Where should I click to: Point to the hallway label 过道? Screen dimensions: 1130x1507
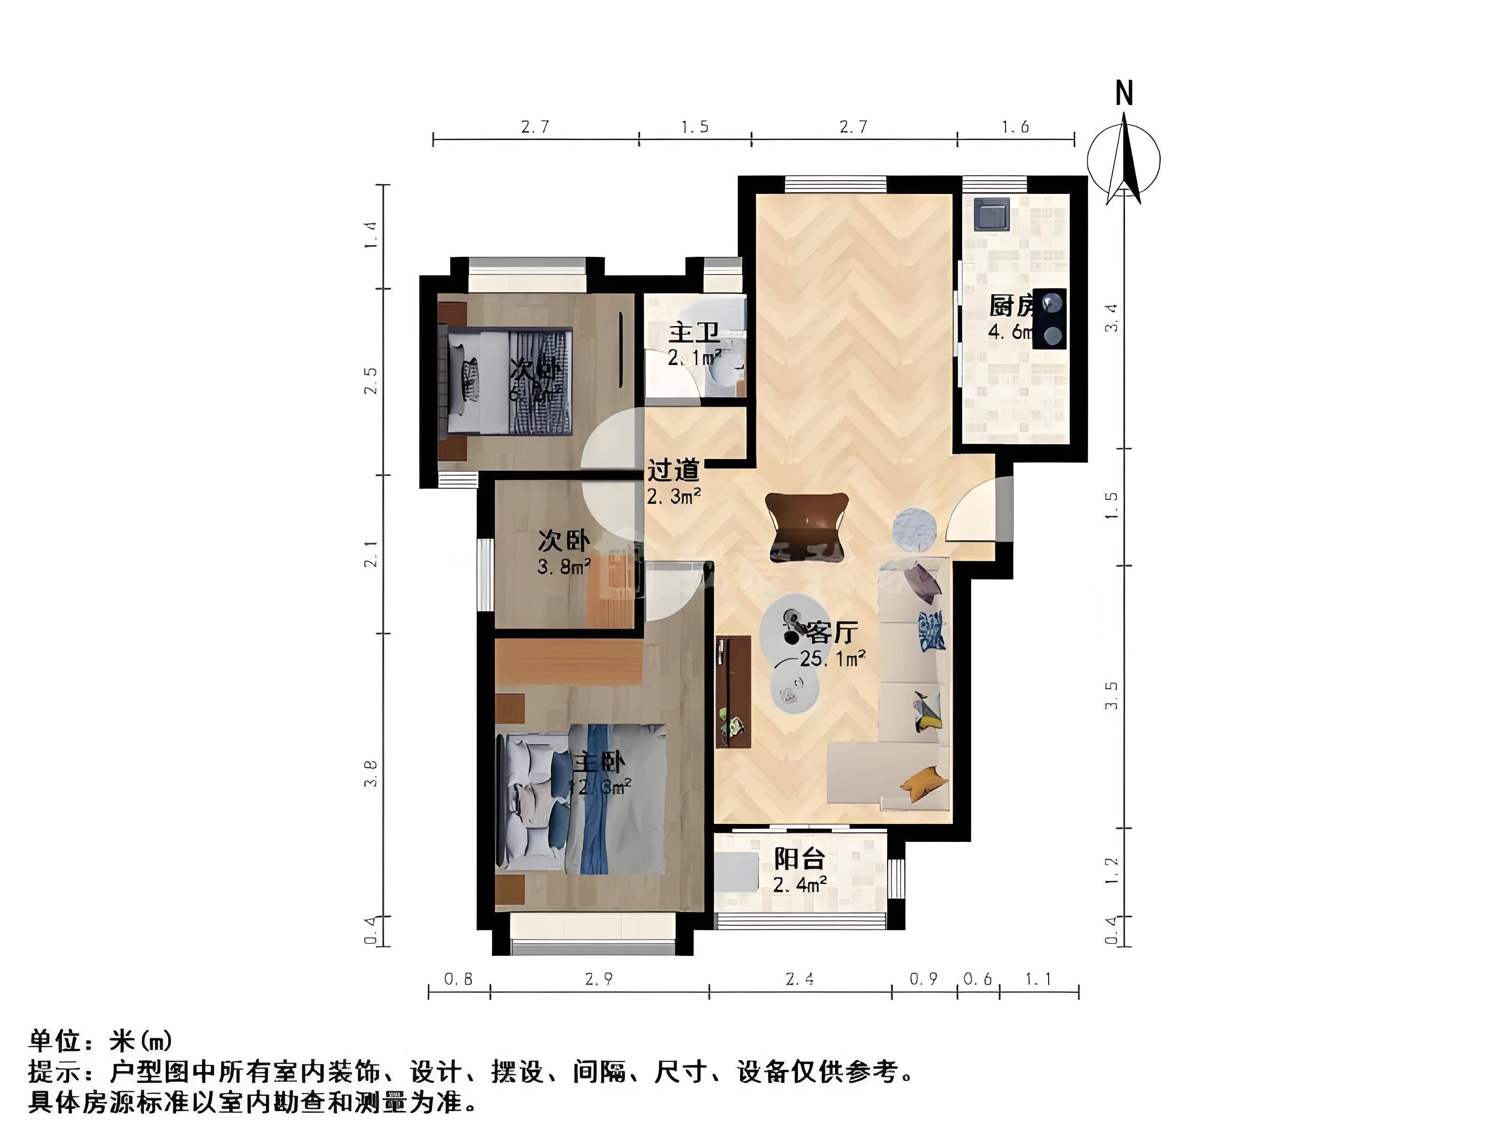click(673, 470)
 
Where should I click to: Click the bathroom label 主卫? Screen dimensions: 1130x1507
click(694, 334)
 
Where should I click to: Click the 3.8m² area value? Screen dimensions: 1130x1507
click(563, 565)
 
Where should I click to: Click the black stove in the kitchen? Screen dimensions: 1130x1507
click(1049, 319)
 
